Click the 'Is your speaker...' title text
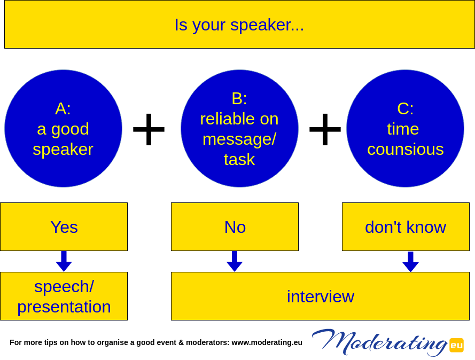pos(239,25)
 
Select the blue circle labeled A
pos(63,128)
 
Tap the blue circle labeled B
pos(239,128)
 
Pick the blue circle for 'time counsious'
pos(406,128)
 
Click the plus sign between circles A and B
pos(149,129)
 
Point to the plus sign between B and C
pos(325,129)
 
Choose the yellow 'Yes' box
pos(64,227)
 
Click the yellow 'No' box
pos(235,227)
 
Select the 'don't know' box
pos(406,227)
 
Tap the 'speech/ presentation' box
pos(64,296)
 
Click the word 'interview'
pos(320,296)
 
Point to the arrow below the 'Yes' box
pos(64,261)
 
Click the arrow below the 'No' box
pos(235,261)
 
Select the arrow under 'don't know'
pos(410,262)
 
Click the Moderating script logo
pos(379,342)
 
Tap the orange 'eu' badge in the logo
pos(456,345)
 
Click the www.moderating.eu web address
pos(267,342)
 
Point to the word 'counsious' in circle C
pos(406,149)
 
